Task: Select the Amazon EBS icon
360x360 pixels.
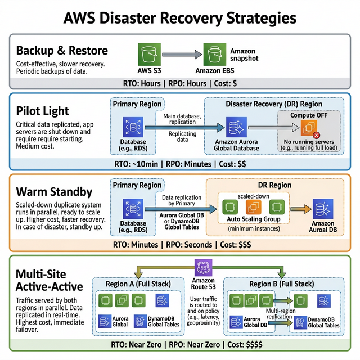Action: (x=215, y=55)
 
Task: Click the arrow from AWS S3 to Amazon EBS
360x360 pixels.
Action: (x=182, y=55)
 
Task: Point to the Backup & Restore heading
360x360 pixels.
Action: (x=62, y=51)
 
